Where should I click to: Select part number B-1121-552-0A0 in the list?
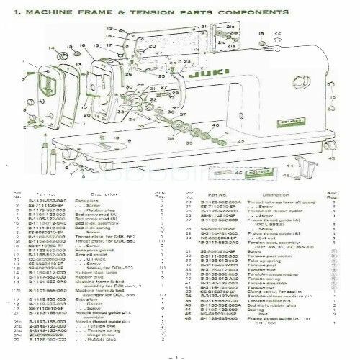(x=43, y=203)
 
